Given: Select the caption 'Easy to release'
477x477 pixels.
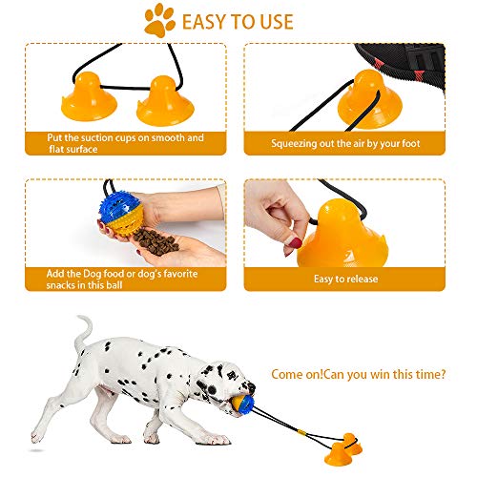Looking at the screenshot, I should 345,279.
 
